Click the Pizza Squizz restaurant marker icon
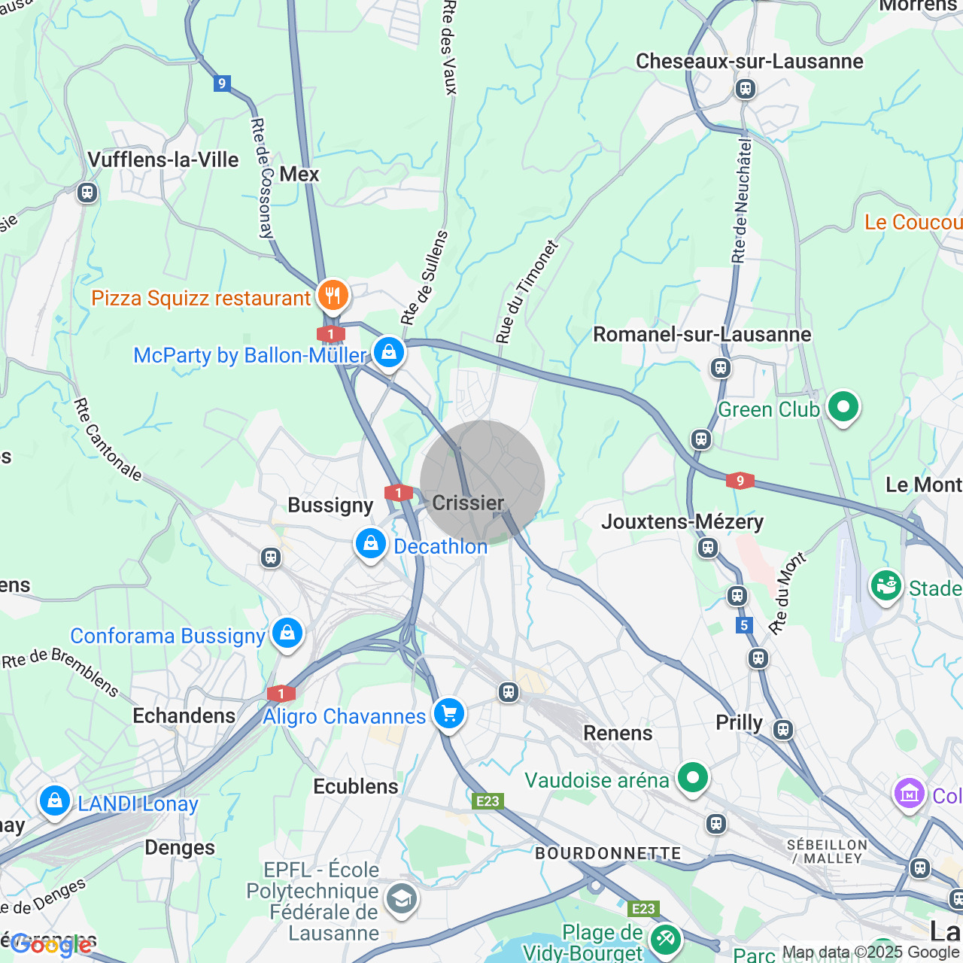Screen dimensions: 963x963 coord(332,296)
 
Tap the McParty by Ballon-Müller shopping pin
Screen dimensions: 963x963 coord(389,352)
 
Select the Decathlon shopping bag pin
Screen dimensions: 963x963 coord(371,544)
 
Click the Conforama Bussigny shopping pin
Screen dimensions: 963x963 coord(287,633)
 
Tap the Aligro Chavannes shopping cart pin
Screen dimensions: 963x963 coord(449,712)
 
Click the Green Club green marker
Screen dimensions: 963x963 coord(843,408)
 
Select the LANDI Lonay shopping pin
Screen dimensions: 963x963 coord(55,801)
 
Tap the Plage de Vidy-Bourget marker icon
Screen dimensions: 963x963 coord(666,939)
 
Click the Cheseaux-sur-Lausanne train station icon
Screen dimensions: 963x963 coord(745,89)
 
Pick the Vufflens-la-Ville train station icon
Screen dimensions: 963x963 coord(87,193)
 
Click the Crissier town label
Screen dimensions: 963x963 coord(468,503)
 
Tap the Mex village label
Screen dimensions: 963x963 coord(299,174)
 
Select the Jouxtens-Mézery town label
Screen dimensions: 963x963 coord(682,521)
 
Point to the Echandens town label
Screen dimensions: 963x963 coord(184,715)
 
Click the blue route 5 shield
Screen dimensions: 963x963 coord(744,625)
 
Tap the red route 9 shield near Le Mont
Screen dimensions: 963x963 coord(740,481)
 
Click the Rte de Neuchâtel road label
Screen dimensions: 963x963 coord(742,200)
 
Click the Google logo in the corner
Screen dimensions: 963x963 coord(51,945)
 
